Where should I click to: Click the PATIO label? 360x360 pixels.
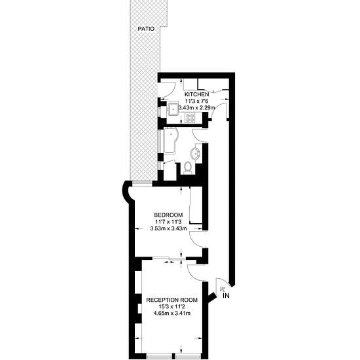click(146, 29)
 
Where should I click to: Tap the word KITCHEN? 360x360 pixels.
click(197, 94)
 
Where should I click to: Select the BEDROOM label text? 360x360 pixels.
click(168, 215)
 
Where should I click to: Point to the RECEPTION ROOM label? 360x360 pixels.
click(172, 300)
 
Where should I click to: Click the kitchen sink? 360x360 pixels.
click(173, 109)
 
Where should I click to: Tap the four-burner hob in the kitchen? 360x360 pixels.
click(190, 118)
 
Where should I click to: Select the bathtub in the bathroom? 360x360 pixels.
click(170, 141)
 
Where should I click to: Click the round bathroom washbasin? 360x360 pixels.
click(196, 153)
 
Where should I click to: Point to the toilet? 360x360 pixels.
click(188, 168)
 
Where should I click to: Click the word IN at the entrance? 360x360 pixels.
click(226, 296)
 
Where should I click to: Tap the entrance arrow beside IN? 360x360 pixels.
click(222, 289)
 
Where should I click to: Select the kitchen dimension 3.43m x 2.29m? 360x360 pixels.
click(197, 107)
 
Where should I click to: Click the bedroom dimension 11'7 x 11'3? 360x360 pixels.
click(168, 222)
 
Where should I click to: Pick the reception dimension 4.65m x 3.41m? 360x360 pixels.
click(172, 313)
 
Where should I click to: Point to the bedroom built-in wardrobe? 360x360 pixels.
click(196, 205)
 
